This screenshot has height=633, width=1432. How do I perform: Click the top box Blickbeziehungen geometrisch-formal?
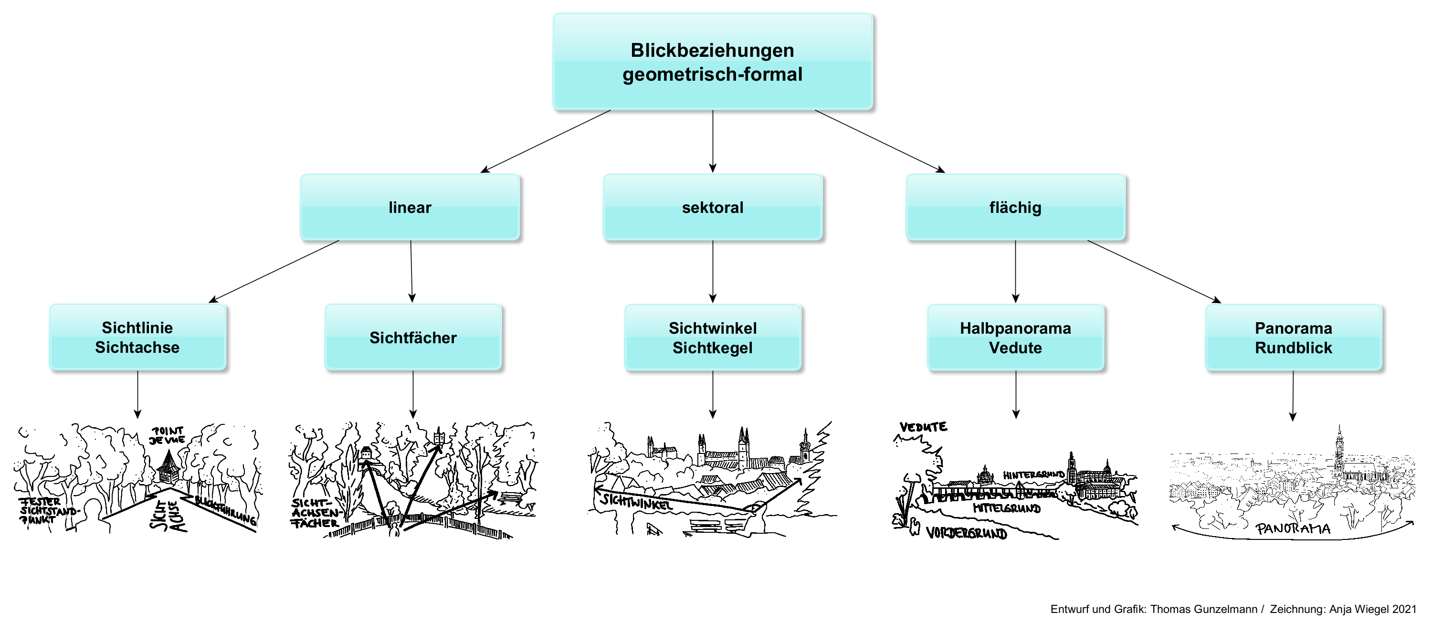pos(712,61)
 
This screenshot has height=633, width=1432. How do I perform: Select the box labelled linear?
pos(410,207)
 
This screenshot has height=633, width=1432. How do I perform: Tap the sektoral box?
pos(712,207)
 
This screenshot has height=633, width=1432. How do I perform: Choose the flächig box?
pos(1015,207)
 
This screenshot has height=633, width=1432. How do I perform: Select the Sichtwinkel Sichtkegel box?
pos(712,338)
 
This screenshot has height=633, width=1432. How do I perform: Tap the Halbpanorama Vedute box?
pos(1015,338)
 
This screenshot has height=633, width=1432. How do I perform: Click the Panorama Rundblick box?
pos(1293,338)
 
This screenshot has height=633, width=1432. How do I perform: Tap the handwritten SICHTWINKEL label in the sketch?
pos(635,501)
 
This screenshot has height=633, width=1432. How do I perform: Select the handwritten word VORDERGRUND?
pos(966,534)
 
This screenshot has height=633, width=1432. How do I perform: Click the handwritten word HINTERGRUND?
pos(1033,475)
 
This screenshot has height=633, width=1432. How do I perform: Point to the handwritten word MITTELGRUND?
pos(1006,508)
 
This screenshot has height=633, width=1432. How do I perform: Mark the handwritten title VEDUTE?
pos(923,427)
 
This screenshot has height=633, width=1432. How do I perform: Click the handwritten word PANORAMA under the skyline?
pos(1293,528)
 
